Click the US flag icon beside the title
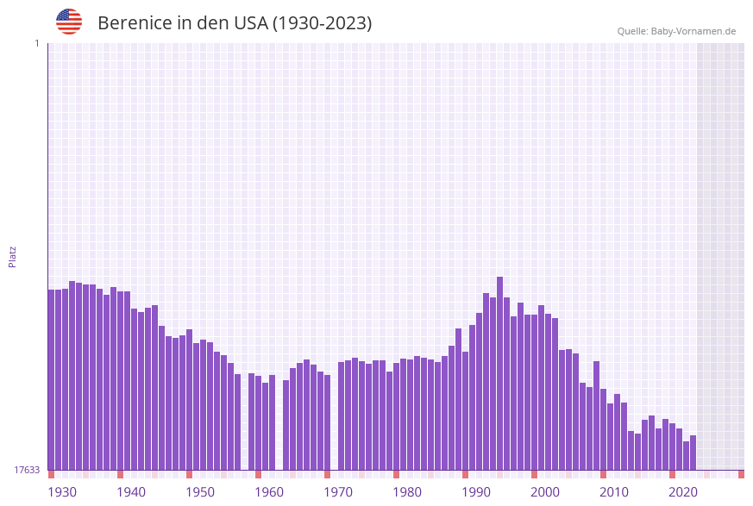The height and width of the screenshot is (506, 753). tap(69, 22)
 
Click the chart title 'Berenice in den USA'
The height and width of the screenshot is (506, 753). tap(235, 23)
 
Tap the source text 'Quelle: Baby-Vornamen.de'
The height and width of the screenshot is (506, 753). tap(676, 31)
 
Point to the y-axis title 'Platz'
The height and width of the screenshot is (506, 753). tap(13, 256)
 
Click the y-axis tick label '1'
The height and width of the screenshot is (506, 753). tap(36, 43)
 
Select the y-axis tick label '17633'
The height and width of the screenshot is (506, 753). tap(27, 470)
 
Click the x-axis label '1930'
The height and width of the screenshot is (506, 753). tap(62, 492)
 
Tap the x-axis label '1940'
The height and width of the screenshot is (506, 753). tap(131, 492)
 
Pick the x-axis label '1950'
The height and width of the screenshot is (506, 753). tap(200, 492)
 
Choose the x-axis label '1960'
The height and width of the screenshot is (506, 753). tap(269, 492)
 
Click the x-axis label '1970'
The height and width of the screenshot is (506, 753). tap(338, 492)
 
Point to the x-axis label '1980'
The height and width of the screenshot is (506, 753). tap(407, 492)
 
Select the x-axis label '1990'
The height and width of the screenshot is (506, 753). tap(476, 492)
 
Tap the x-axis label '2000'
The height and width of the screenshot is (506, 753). tap(545, 492)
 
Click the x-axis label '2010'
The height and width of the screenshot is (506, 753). tap(614, 492)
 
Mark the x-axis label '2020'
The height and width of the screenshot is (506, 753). tap(683, 492)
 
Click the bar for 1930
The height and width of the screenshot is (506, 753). tap(51, 379)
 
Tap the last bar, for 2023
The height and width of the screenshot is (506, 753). tap(693, 453)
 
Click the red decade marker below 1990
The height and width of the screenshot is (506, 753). tap(465, 474)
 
